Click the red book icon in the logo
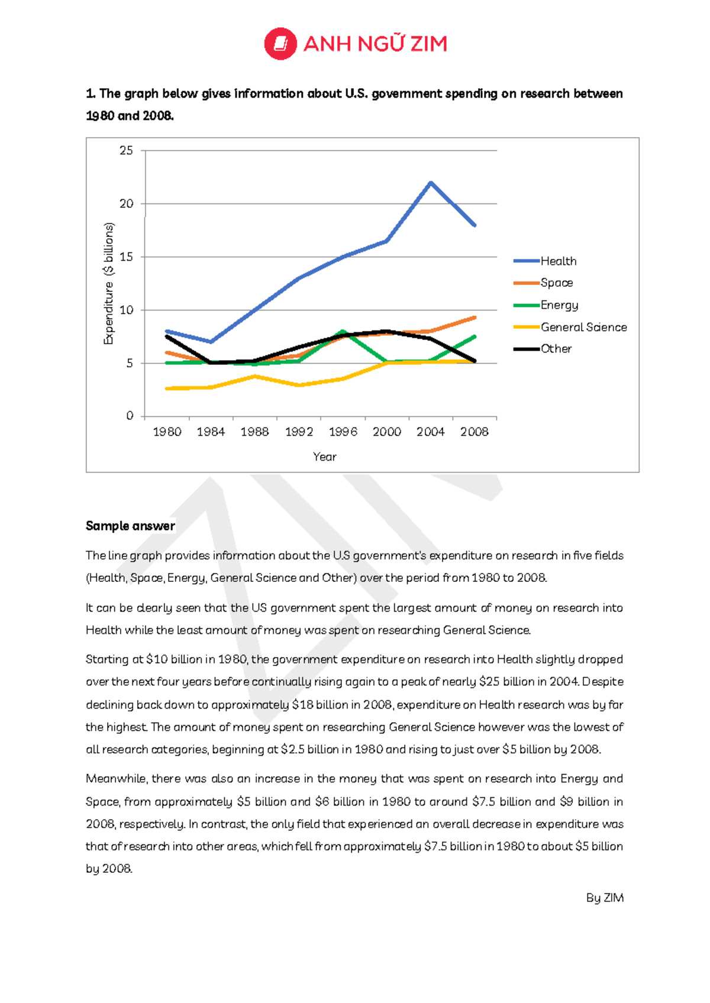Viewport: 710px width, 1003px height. [x=280, y=44]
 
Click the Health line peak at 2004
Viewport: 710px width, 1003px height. [x=431, y=183]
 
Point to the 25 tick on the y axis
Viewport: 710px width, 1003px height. [x=126, y=151]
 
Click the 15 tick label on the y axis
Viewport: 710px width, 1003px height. [x=126, y=257]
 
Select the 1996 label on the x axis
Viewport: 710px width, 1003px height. [x=343, y=432]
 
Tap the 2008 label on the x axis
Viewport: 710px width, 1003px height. [x=475, y=432]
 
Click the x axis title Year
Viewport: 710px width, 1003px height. [x=324, y=457]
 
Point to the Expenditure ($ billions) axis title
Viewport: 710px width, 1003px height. [x=108, y=283]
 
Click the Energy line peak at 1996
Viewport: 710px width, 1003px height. [x=343, y=332]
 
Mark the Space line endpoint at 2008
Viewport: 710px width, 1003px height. [x=475, y=318]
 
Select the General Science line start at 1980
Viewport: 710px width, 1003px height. [x=167, y=389]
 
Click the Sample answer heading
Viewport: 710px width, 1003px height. [x=130, y=526]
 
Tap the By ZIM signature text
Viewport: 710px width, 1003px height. [x=605, y=898]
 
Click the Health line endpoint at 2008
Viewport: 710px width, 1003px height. [x=475, y=225]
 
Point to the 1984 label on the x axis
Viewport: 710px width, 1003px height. [x=211, y=432]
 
